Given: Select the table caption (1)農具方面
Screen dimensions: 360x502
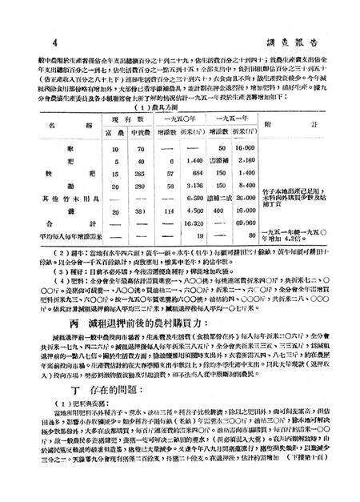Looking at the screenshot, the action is tap(181, 106).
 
